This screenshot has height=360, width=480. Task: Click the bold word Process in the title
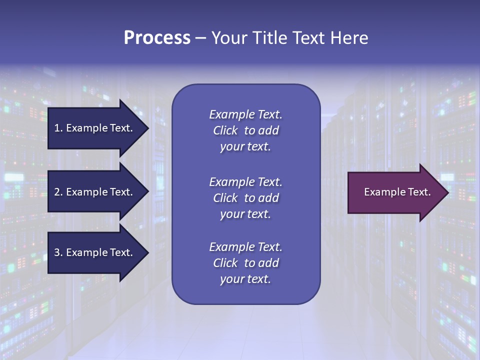click(x=157, y=38)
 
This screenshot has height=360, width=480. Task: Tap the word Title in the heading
click(x=268, y=38)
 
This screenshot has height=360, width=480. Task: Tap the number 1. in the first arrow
click(x=58, y=128)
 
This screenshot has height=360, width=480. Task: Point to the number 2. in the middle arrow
click(x=58, y=192)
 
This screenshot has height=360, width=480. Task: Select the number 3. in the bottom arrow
click(x=58, y=252)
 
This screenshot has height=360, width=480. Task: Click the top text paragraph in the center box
click(x=245, y=130)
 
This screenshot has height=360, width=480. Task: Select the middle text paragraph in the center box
click(x=245, y=198)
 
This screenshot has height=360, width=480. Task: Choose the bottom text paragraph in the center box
click(x=245, y=263)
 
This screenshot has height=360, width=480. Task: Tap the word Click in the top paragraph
click(x=225, y=130)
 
